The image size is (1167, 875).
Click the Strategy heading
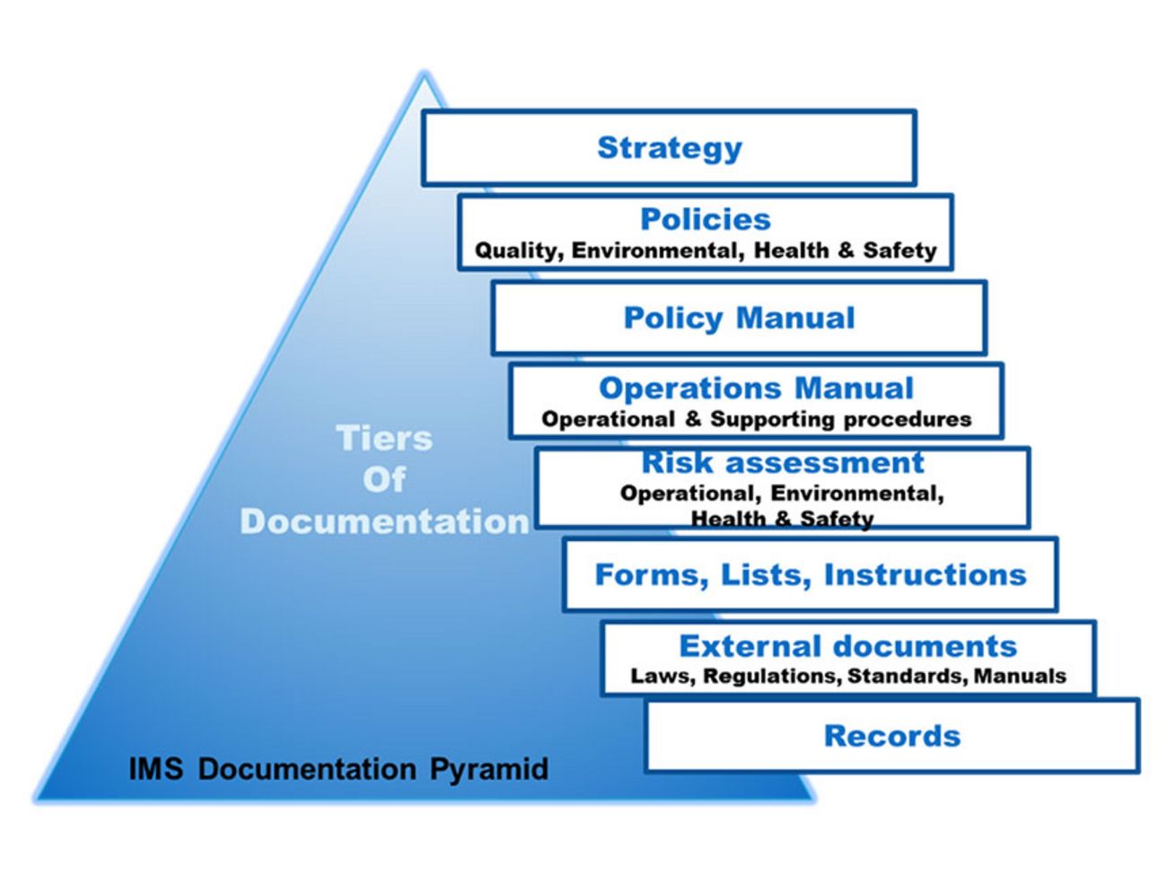click(x=670, y=148)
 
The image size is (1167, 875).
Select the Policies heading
click(x=705, y=219)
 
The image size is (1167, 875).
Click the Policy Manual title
click(x=739, y=318)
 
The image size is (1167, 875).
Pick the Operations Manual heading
click(x=756, y=388)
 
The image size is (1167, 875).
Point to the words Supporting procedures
click(x=840, y=419)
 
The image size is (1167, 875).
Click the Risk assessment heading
click(x=782, y=462)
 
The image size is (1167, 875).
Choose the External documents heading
click(x=847, y=646)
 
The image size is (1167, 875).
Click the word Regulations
click(x=771, y=676)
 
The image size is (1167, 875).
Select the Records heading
click(x=891, y=736)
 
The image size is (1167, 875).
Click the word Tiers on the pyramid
click(x=384, y=439)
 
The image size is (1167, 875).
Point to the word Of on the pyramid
click(x=384, y=480)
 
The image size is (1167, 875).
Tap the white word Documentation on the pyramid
click(x=384, y=521)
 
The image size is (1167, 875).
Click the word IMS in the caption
click(x=157, y=769)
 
